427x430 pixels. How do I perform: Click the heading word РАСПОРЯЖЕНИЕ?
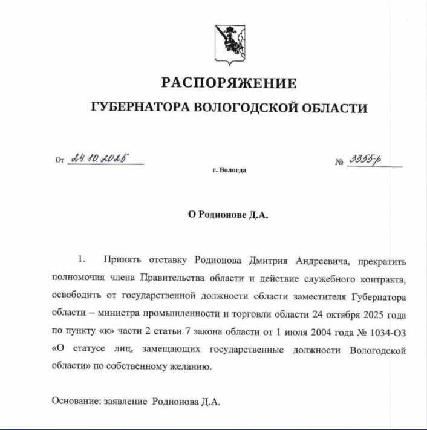coord(229,83)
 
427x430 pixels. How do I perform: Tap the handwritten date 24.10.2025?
coord(99,160)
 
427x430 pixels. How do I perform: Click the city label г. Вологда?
coord(229,170)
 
